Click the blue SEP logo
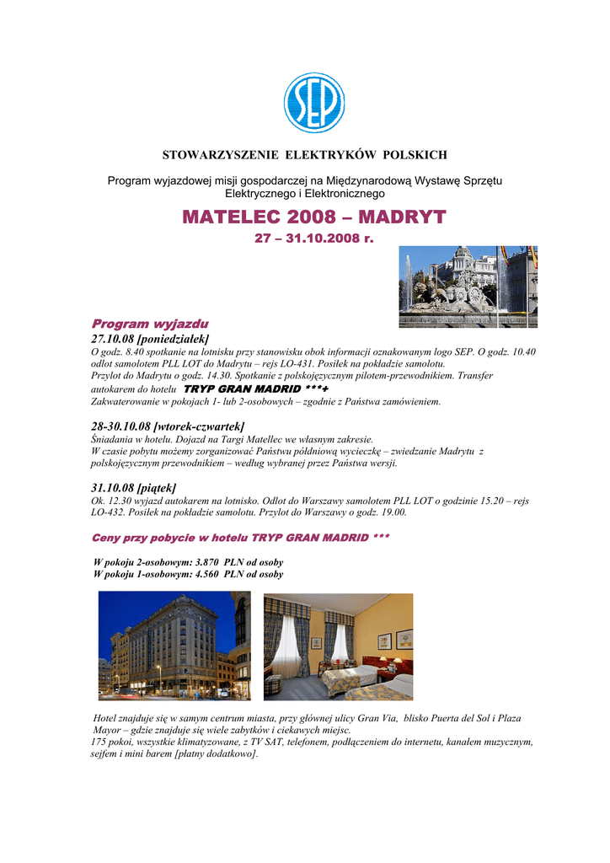313,103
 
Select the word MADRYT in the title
402,218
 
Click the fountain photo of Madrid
468,287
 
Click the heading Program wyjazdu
150,324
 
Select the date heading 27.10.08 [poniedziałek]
149,338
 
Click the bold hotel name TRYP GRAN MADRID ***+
256,389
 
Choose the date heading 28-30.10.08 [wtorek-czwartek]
167,426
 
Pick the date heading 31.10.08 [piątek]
133,488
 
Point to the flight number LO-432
107,512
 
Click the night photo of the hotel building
174,646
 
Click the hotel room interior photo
339,646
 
